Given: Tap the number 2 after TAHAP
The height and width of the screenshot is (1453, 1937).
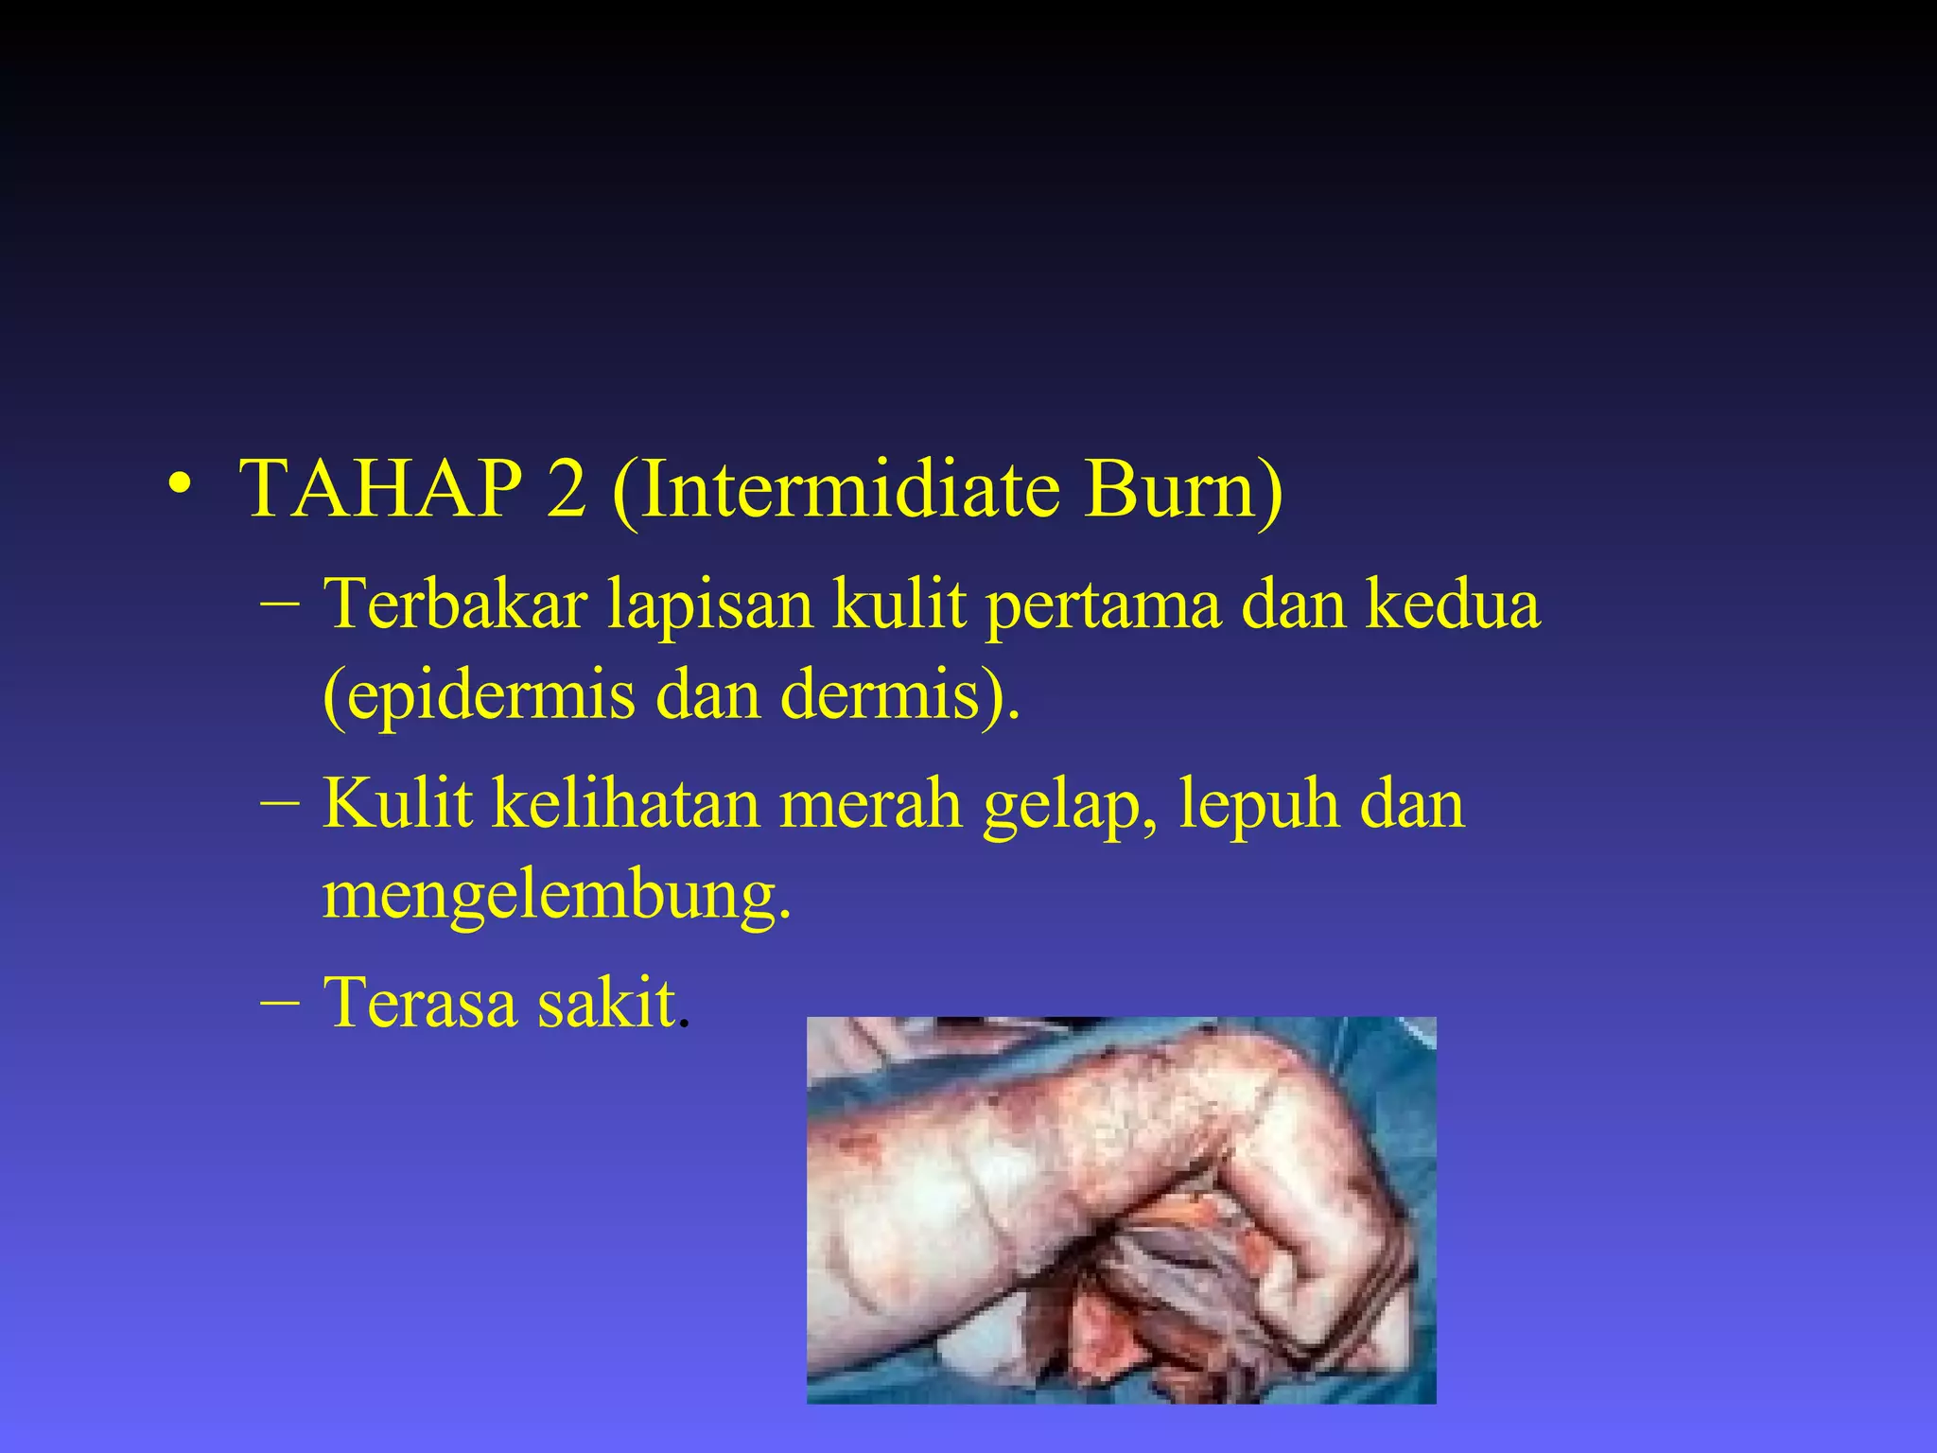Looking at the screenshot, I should [566, 488].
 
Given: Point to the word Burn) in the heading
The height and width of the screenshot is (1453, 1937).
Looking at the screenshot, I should [1183, 490].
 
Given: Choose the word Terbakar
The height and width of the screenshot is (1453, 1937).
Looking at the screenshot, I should [455, 604].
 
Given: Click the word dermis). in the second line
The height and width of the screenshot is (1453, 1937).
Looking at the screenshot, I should [900, 694].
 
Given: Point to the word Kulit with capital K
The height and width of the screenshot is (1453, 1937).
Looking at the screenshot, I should [397, 804].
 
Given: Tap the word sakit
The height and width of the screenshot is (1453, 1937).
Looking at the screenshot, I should [608, 1003].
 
